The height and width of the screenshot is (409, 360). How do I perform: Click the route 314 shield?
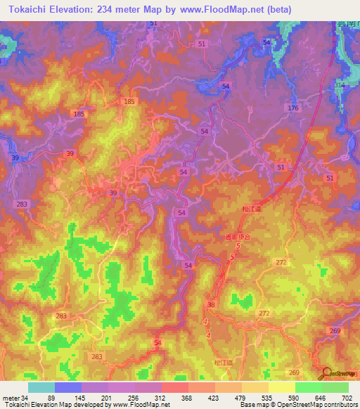tap(340, 84)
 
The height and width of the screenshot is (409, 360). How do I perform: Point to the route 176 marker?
tap(293, 108)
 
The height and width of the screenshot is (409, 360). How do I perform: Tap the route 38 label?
tap(212, 305)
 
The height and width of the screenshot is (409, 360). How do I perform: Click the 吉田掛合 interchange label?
tap(238, 237)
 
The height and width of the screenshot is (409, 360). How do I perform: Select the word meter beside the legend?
tap(10, 398)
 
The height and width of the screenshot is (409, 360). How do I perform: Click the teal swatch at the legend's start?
tap(41, 387)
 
